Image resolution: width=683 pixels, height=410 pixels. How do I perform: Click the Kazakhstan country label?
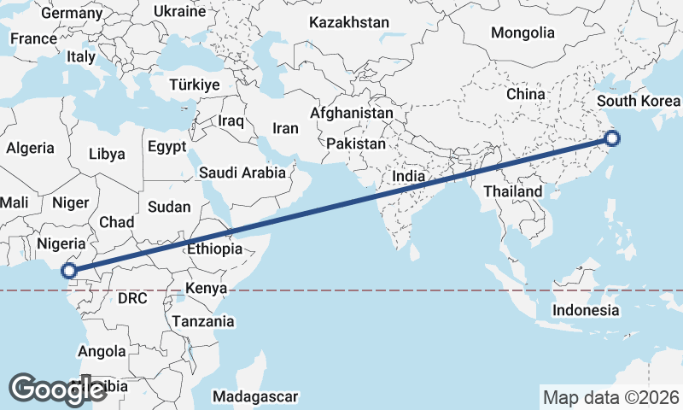pos(348,22)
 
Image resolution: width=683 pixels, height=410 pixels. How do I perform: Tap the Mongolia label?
pos(522,33)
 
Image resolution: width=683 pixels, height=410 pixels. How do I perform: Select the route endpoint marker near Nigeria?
pos(68,272)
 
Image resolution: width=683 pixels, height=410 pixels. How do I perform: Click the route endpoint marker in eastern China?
pos(611,138)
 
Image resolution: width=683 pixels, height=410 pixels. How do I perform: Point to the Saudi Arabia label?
pos(242,173)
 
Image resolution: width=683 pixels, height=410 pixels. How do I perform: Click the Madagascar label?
pos(256,396)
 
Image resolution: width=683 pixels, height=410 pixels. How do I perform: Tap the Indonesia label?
pos(585,309)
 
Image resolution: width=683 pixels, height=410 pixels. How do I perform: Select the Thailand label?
pos(512,191)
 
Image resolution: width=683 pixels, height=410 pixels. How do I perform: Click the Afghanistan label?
pos(352,113)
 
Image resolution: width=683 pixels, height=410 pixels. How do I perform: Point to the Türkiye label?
pos(195,85)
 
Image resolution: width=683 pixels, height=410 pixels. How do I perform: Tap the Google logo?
pos(57,389)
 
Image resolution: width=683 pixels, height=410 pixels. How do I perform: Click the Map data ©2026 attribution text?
pos(611,397)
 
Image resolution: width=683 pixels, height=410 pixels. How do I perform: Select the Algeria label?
pos(30,148)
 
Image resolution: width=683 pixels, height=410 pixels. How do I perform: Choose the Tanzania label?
pos(203,321)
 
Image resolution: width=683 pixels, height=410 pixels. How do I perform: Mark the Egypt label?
pos(166,146)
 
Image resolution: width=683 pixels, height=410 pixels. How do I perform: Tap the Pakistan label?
pos(356,143)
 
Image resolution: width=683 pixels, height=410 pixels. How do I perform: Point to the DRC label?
pos(133,299)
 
